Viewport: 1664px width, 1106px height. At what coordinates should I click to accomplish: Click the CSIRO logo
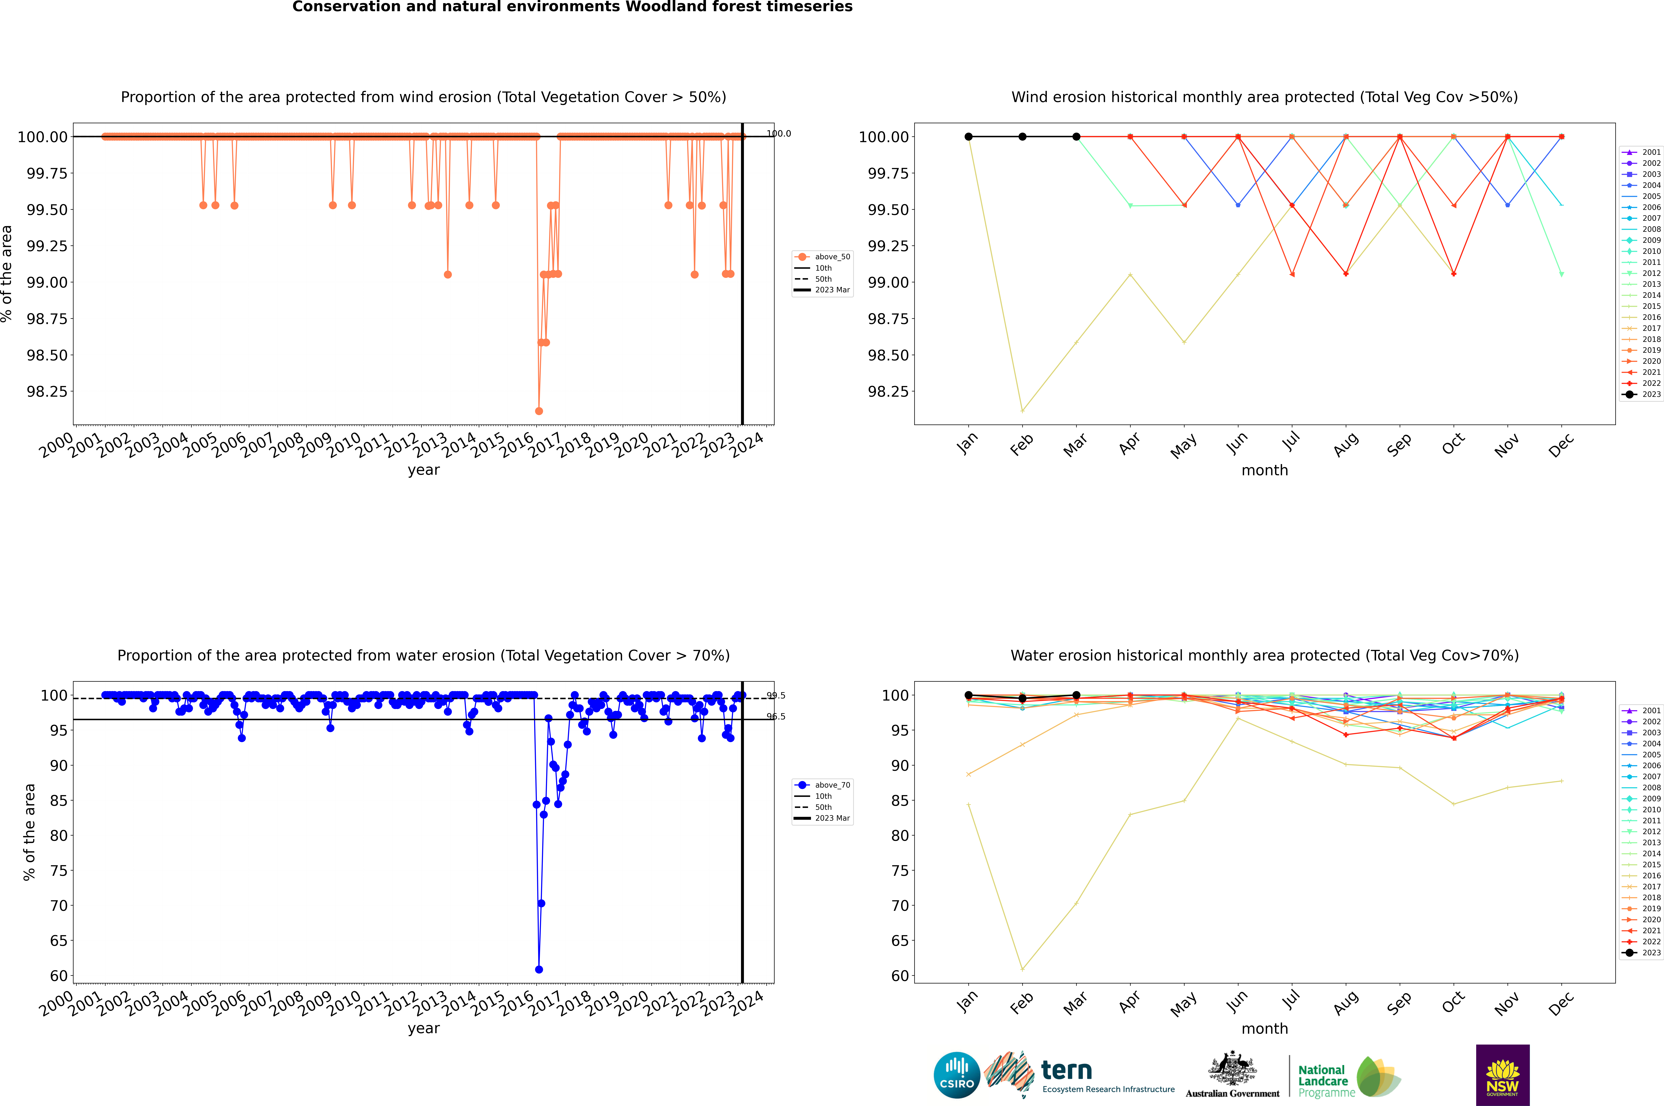[956, 1075]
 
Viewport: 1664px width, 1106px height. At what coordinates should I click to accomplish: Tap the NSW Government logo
[1502, 1075]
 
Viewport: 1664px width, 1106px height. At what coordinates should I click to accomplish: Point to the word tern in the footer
[1067, 1071]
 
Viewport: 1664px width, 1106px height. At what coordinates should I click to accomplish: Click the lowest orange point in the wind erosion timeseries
[539, 411]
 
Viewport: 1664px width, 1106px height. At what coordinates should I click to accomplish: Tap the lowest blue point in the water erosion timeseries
[539, 969]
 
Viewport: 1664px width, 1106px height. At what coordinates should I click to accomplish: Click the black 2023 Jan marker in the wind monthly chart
[969, 137]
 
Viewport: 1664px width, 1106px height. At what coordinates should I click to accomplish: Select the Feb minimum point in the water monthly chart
[1022, 969]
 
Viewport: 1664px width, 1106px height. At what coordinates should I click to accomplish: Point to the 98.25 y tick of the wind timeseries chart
[47, 391]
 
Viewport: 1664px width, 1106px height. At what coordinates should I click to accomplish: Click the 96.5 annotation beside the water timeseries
[776, 717]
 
